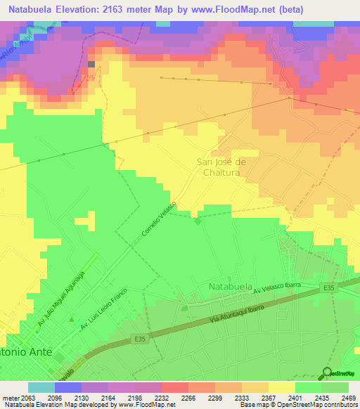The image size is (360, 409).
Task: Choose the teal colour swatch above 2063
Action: click(41, 387)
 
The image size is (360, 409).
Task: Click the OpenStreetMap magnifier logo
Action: click(327, 372)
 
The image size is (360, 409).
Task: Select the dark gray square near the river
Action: click(91, 64)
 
